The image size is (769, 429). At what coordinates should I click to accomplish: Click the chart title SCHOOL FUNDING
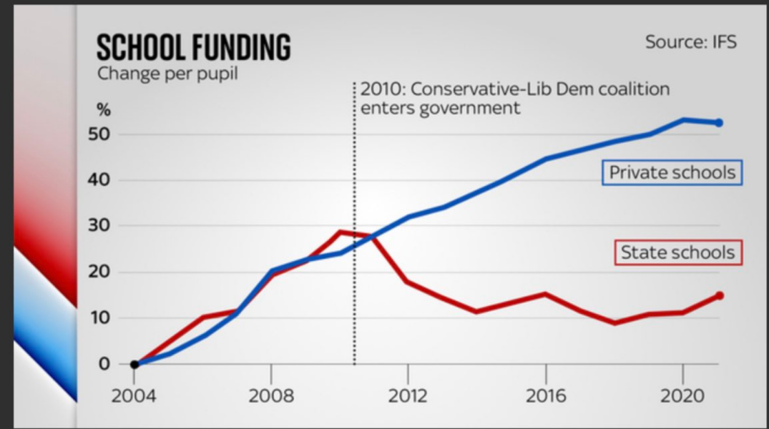tap(194, 47)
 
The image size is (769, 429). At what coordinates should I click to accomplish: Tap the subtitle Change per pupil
tap(167, 74)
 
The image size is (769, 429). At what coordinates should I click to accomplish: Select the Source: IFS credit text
tap(690, 41)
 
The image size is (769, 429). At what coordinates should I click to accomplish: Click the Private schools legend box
tap(672, 172)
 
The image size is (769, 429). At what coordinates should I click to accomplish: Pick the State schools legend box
tap(677, 252)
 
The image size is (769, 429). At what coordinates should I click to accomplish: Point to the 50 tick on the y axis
tap(104, 134)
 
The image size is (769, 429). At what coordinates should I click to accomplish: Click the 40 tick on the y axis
tap(104, 180)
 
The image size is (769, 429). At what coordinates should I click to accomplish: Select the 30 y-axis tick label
tap(104, 226)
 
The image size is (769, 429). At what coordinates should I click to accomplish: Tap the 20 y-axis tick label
tap(104, 272)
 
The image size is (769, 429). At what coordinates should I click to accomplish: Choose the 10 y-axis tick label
tap(104, 317)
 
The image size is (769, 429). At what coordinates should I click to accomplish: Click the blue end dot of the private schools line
tap(719, 123)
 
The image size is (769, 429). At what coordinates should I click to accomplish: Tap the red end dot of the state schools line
tap(719, 295)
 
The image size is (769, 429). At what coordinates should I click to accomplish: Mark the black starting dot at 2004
tap(134, 364)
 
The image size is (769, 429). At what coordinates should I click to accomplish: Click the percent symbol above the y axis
tap(104, 111)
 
